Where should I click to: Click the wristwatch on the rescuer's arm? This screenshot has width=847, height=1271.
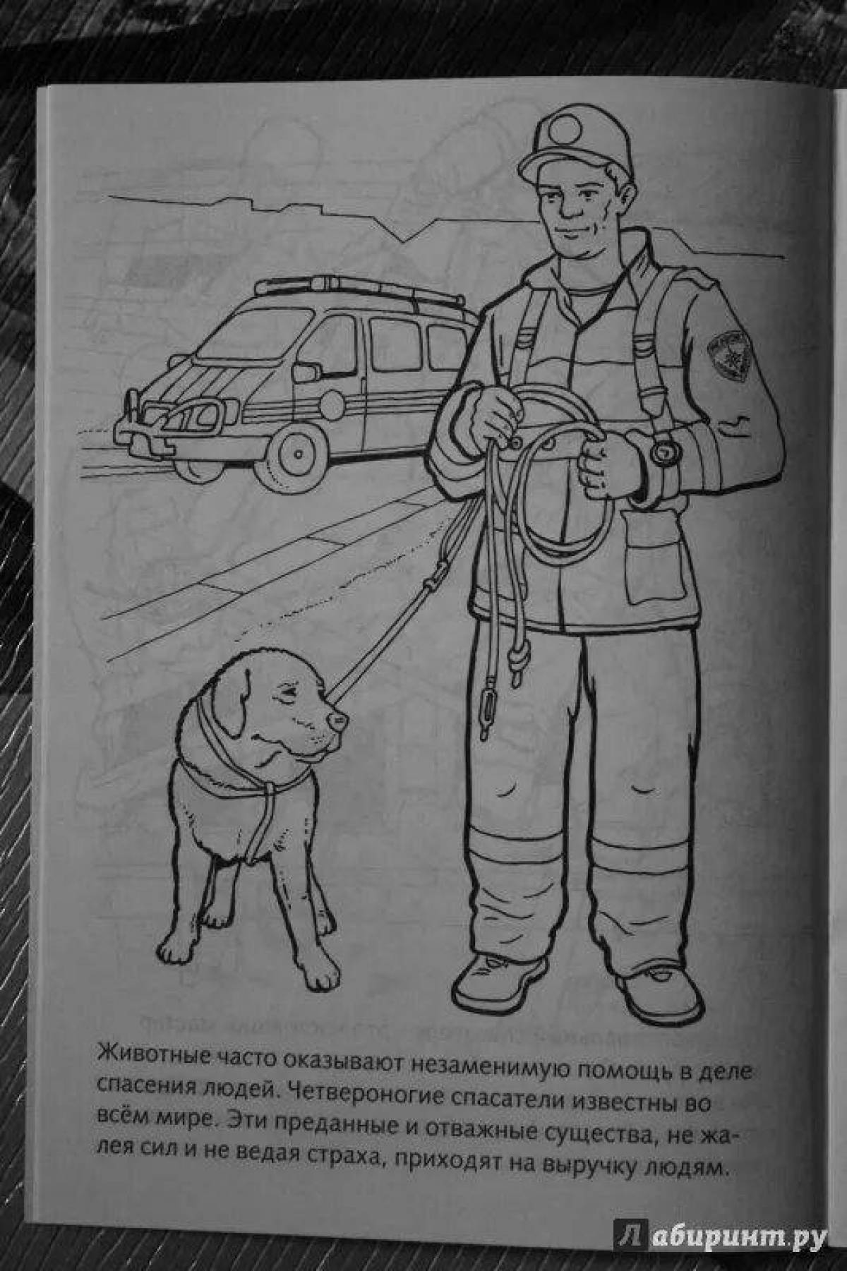[x=662, y=448]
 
